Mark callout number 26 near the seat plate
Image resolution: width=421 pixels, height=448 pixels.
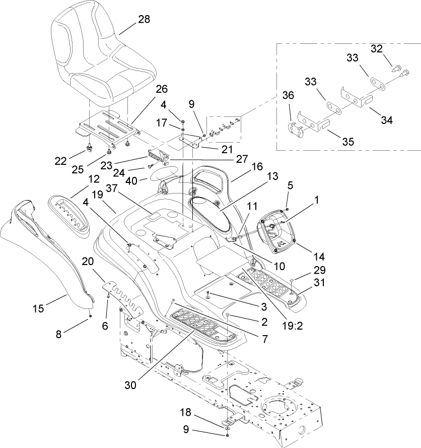pyautogui.click(x=162, y=89)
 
